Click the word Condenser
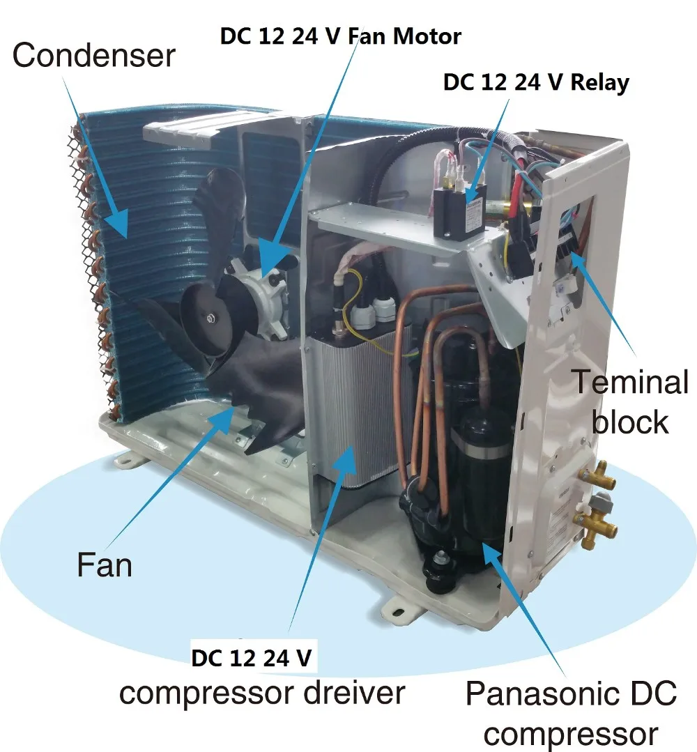93,55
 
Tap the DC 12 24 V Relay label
536,82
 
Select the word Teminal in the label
629,383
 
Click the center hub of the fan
210,319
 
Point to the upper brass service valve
598,476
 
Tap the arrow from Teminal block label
606,307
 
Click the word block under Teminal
629,422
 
